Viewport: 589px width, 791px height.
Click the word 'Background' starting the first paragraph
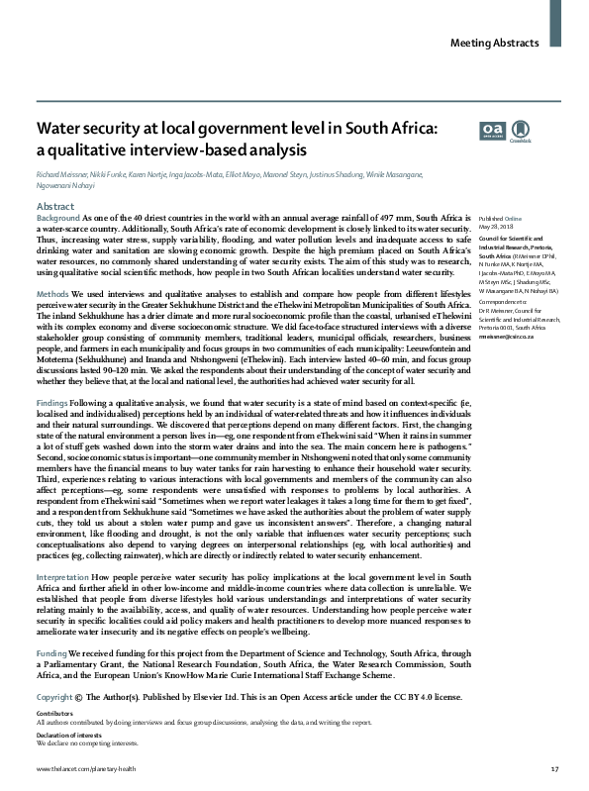click(58, 216)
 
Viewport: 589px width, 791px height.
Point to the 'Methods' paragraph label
click(52, 296)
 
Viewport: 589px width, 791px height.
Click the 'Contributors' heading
click(53, 713)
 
